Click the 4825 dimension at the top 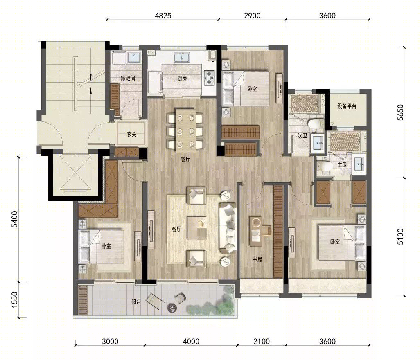(x=163, y=16)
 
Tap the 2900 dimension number (x=252, y=16)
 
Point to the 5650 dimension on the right (x=400, y=112)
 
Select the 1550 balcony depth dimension (x=14, y=299)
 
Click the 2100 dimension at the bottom (x=262, y=342)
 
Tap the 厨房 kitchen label (x=182, y=79)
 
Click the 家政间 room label (x=128, y=79)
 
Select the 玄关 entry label (x=131, y=134)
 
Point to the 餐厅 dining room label (x=185, y=160)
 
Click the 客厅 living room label (x=176, y=229)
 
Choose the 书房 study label (x=257, y=259)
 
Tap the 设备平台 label (x=347, y=106)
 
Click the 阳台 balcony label (x=136, y=302)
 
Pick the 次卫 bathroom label (x=303, y=135)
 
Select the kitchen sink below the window (x=182, y=58)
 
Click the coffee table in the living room (x=197, y=228)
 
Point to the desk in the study (x=255, y=231)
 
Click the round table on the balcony (x=172, y=308)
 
